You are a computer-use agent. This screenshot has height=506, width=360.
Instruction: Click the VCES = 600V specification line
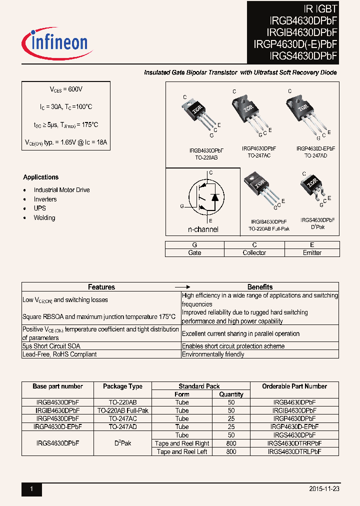click(x=65, y=89)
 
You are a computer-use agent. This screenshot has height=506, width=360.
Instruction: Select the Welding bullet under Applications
click(x=44, y=218)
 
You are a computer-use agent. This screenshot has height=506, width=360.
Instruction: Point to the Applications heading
click(x=40, y=177)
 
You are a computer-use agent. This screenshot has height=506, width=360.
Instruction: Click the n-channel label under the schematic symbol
click(x=203, y=229)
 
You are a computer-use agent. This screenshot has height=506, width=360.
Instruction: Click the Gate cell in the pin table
click(x=194, y=253)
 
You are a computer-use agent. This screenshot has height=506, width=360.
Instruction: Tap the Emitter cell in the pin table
click(x=312, y=253)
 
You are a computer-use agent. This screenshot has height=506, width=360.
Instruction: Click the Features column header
click(x=101, y=287)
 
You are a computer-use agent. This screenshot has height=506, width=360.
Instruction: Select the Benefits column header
click(x=260, y=287)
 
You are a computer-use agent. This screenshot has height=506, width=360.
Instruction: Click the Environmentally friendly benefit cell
click(x=213, y=354)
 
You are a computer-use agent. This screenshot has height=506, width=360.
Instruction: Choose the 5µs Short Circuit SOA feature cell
click(x=51, y=346)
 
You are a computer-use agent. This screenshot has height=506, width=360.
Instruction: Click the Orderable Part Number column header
click(x=294, y=386)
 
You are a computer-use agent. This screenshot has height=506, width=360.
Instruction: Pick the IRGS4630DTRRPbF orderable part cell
click(x=294, y=443)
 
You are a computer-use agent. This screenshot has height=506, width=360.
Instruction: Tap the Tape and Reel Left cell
click(x=182, y=451)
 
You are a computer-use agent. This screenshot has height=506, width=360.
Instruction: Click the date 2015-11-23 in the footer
click(x=324, y=489)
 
